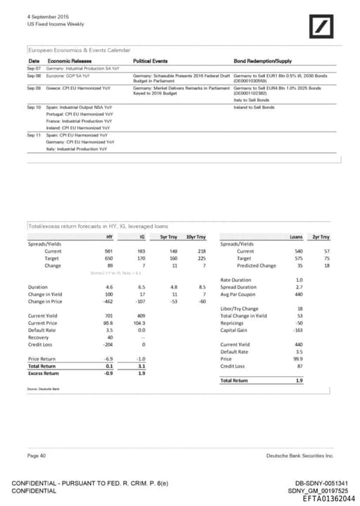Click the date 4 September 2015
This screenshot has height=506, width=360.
pos(39,16)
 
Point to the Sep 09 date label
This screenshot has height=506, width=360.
pos(34,88)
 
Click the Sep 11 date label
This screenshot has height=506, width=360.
pos(34,134)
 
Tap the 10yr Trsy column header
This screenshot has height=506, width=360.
pos(195,236)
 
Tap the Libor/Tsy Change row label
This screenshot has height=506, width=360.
pos(240,308)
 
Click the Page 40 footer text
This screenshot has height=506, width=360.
pos(37,456)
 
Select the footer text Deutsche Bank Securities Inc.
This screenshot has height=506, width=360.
pos(300,456)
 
